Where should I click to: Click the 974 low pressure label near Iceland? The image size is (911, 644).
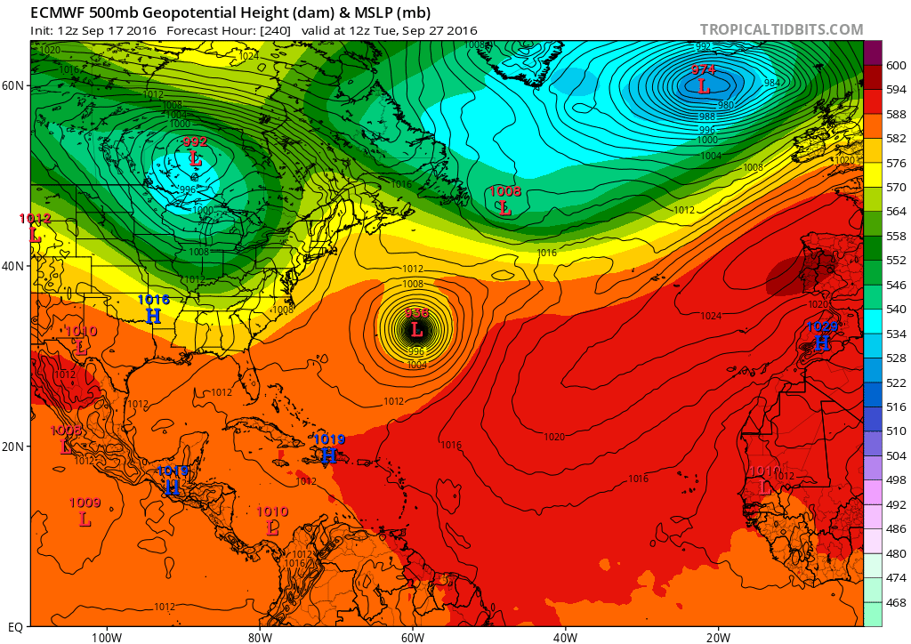coord(704,69)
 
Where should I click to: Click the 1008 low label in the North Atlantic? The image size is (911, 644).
coord(505,191)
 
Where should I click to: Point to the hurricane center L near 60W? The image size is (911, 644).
coord(416,330)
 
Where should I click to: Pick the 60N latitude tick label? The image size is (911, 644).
coord(15,85)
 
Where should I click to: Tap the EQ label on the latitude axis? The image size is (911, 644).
coord(15,627)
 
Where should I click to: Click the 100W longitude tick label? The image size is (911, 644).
coord(106,637)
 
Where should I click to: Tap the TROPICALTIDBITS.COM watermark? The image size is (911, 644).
coord(781,29)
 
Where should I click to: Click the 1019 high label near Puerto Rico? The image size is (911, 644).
coord(329,439)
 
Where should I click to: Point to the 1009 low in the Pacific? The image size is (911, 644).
coord(85,503)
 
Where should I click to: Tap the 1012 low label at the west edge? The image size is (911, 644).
coord(36,219)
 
